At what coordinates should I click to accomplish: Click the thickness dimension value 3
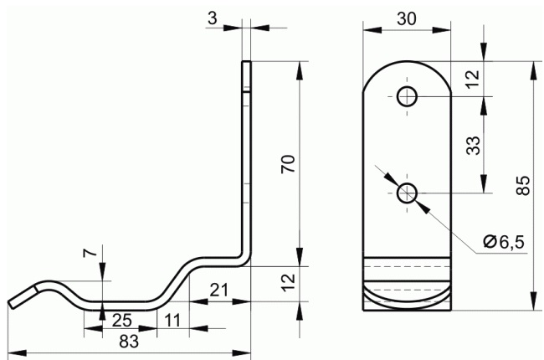pos(213,18)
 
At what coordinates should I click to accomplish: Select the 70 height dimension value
pos(288,164)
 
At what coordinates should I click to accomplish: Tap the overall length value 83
pos(129,342)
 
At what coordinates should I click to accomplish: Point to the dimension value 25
pos(122,321)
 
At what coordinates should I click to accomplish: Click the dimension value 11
pos(172,321)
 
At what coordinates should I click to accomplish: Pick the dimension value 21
pos(219,290)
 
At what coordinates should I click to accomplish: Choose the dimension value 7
pos(90,253)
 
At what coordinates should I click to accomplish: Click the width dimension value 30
pos(406,18)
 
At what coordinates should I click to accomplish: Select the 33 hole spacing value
pos(473,145)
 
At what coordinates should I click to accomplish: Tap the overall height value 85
pos(523,186)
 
